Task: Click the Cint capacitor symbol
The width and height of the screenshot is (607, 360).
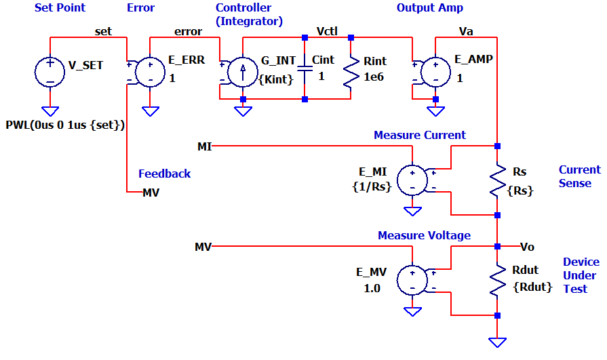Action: [x=305, y=68]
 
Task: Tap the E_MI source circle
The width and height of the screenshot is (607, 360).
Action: [x=412, y=180]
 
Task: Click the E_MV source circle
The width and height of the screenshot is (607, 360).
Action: [x=412, y=279]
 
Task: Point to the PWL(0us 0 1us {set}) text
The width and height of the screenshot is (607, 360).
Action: [x=66, y=125]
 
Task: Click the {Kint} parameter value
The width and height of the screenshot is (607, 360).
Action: [x=276, y=79]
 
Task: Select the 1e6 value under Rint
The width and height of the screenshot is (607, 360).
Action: [x=374, y=77]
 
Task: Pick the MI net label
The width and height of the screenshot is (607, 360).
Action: [x=204, y=146]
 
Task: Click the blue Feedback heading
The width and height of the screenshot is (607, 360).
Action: [x=164, y=174]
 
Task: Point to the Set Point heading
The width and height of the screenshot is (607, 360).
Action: [x=60, y=8]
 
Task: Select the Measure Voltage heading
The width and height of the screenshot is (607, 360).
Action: [x=424, y=235]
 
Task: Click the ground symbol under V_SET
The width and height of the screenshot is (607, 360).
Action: [x=50, y=111]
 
